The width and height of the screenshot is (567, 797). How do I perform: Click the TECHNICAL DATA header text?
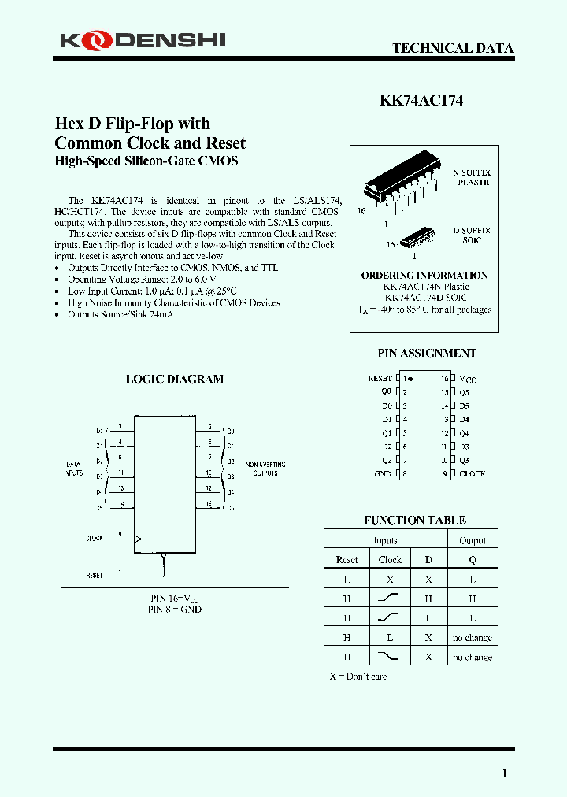[x=453, y=48]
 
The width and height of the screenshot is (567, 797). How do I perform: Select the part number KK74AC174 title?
[x=421, y=100]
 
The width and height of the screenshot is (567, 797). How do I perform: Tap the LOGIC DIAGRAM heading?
[x=175, y=379]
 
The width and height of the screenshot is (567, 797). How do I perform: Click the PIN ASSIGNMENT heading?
[x=427, y=353]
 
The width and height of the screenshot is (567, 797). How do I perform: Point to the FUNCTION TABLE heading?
[x=414, y=520]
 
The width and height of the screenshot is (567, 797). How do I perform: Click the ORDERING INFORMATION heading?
[x=424, y=275]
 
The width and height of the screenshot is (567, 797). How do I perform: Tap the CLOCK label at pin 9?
[x=472, y=473]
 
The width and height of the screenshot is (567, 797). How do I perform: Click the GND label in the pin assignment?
[x=383, y=473]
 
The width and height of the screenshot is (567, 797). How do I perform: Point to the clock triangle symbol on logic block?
[x=138, y=539]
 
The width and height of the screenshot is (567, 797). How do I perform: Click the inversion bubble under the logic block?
[x=164, y=556]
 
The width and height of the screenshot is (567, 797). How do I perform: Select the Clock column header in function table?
[x=390, y=560]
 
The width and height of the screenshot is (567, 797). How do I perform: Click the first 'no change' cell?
[x=472, y=638]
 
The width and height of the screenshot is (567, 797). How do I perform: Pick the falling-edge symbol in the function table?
[x=390, y=657]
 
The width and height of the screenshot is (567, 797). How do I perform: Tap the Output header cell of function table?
[x=472, y=541]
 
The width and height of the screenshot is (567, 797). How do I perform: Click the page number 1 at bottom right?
[x=504, y=773]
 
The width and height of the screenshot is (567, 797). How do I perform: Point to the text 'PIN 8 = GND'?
[x=175, y=610]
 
